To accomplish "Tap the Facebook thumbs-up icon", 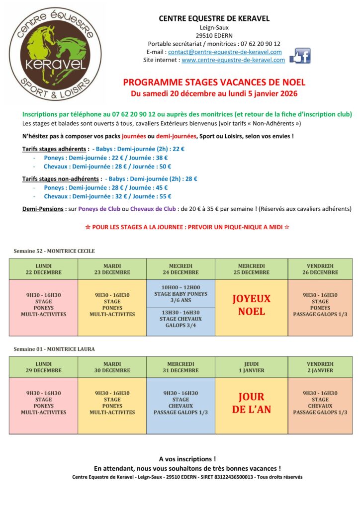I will (300, 56).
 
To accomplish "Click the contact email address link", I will (225, 52).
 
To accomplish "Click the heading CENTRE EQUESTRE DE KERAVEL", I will (214, 18).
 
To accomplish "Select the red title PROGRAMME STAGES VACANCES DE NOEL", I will (214, 83).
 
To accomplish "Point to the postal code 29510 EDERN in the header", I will (214, 36).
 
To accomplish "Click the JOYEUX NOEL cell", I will (252, 305).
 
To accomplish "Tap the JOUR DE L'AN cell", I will (252, 403).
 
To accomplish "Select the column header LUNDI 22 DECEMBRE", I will (44, 269).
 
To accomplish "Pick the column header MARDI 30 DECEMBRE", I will (112, 367).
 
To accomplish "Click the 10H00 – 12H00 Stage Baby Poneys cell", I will (180, 294).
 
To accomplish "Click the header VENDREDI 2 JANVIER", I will (320, 367).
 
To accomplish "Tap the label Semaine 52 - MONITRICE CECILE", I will (54, 251).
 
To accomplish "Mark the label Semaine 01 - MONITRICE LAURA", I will (54, 349).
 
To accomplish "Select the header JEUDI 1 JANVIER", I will (252, 367).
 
